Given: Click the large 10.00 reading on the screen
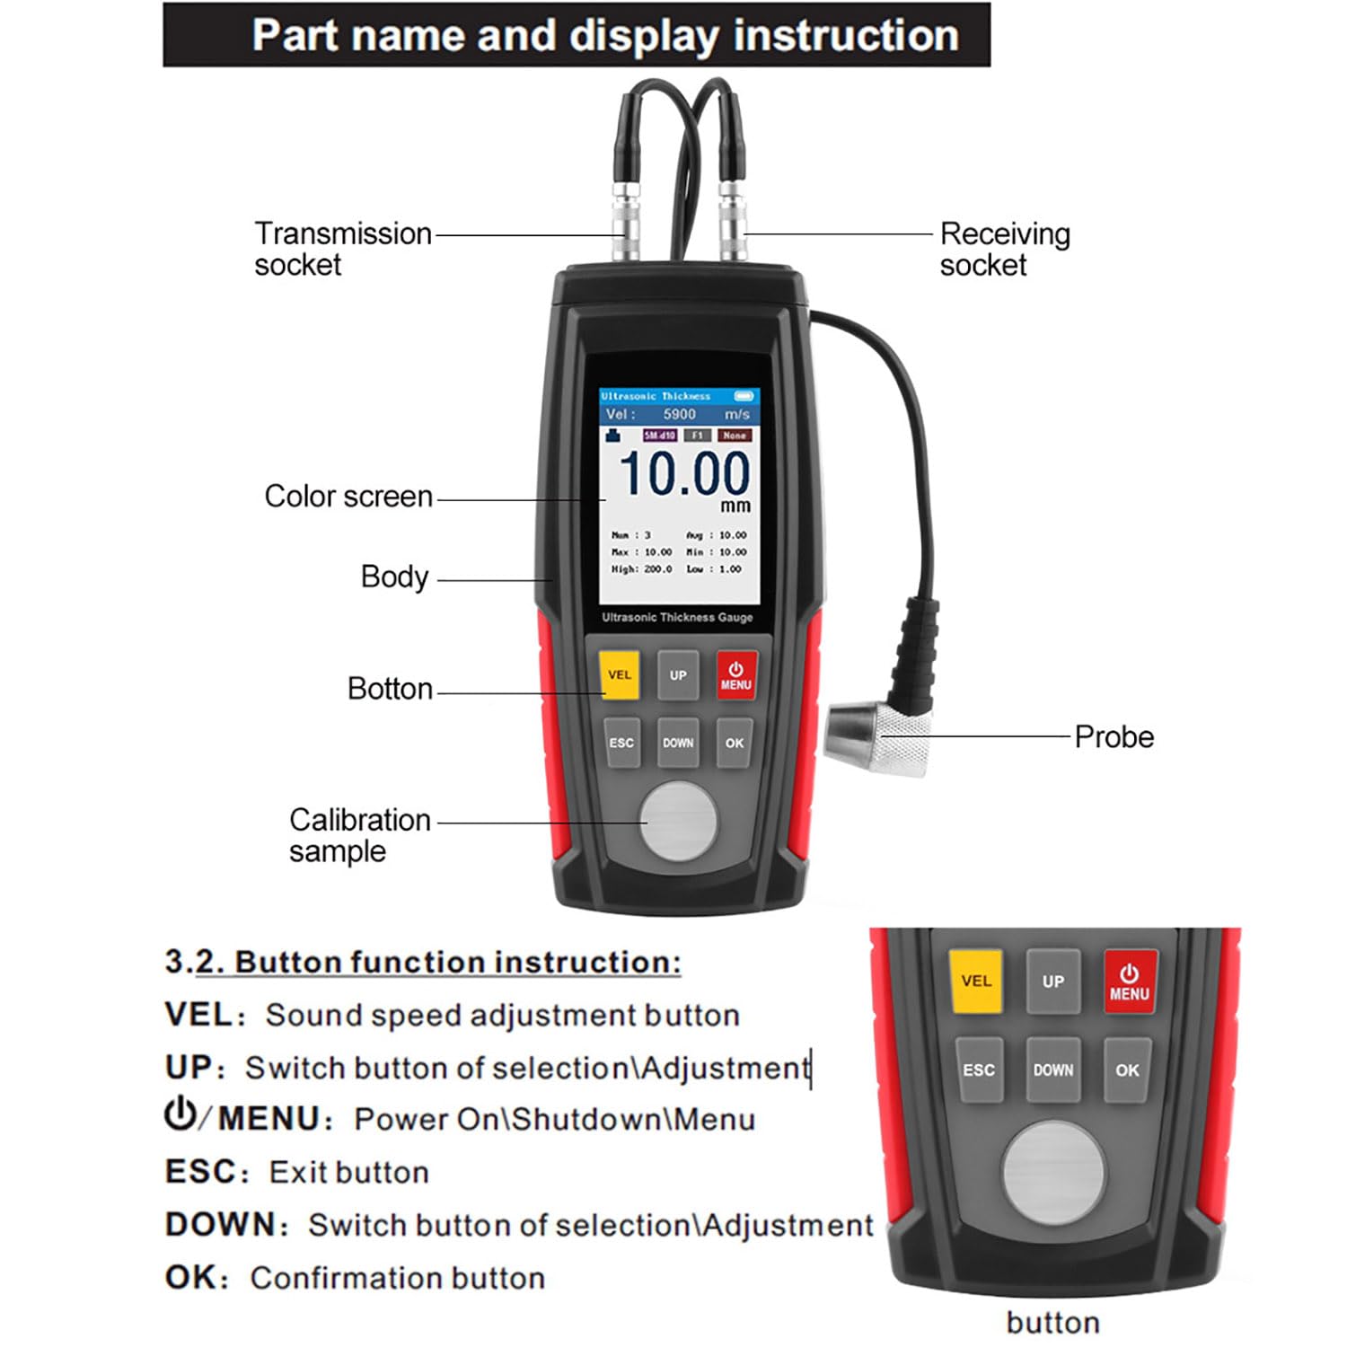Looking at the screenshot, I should click(684, 473).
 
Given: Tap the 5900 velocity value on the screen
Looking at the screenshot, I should click(679, 414).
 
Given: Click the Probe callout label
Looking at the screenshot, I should click(1114, 737).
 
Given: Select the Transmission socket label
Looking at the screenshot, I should click(342, 249).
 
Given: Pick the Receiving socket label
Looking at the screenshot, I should click(1004, 249).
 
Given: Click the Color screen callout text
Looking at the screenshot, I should click(348, 497).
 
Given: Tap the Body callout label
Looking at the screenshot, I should click(394, 577).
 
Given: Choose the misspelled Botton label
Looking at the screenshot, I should click(390, 689).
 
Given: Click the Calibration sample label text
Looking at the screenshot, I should click(359, 835).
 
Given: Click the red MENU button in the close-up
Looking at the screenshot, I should click(1130, 982).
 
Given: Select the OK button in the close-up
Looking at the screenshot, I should click(1127, 1070).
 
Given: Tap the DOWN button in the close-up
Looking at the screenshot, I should click(1052, 1070).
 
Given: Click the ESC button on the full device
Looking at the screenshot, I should click(621, 743).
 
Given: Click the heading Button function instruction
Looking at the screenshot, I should click(423, 962).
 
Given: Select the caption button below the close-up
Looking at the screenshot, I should click(1052, 1323).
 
